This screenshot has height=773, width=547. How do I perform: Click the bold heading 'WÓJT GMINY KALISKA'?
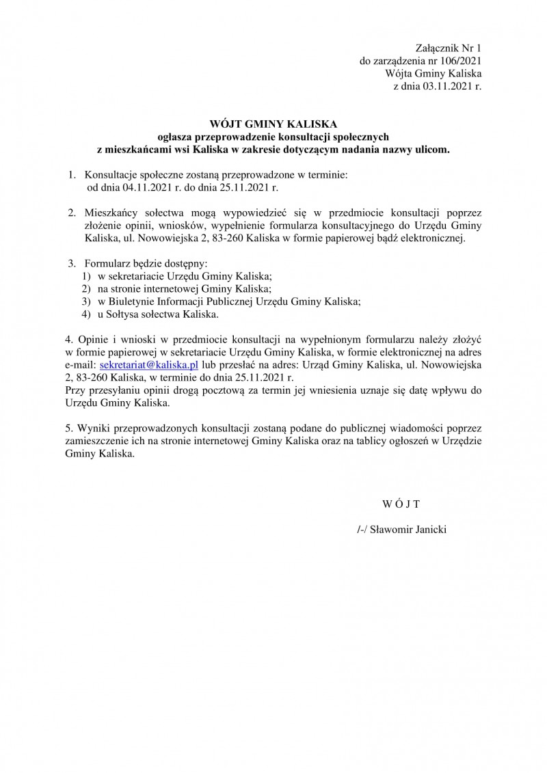(x=273, y=124)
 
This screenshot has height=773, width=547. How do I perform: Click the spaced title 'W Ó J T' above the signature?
(x=401, y=504)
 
